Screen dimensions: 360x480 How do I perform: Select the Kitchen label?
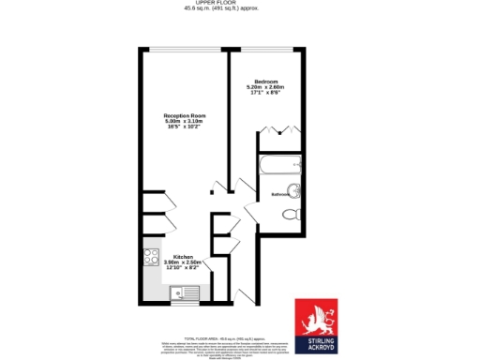[x=183, y=256]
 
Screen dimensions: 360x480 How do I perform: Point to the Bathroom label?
[x=280, y=194]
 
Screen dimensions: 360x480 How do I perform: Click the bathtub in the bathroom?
[x=279, y=169]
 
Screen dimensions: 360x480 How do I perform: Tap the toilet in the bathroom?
[x=292, y=213]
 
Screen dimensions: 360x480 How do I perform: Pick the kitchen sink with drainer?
[x=183, y=293]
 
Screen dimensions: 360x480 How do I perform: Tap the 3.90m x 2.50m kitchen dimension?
[x=183, y=262]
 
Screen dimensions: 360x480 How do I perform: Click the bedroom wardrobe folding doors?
[x=280, y=131]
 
